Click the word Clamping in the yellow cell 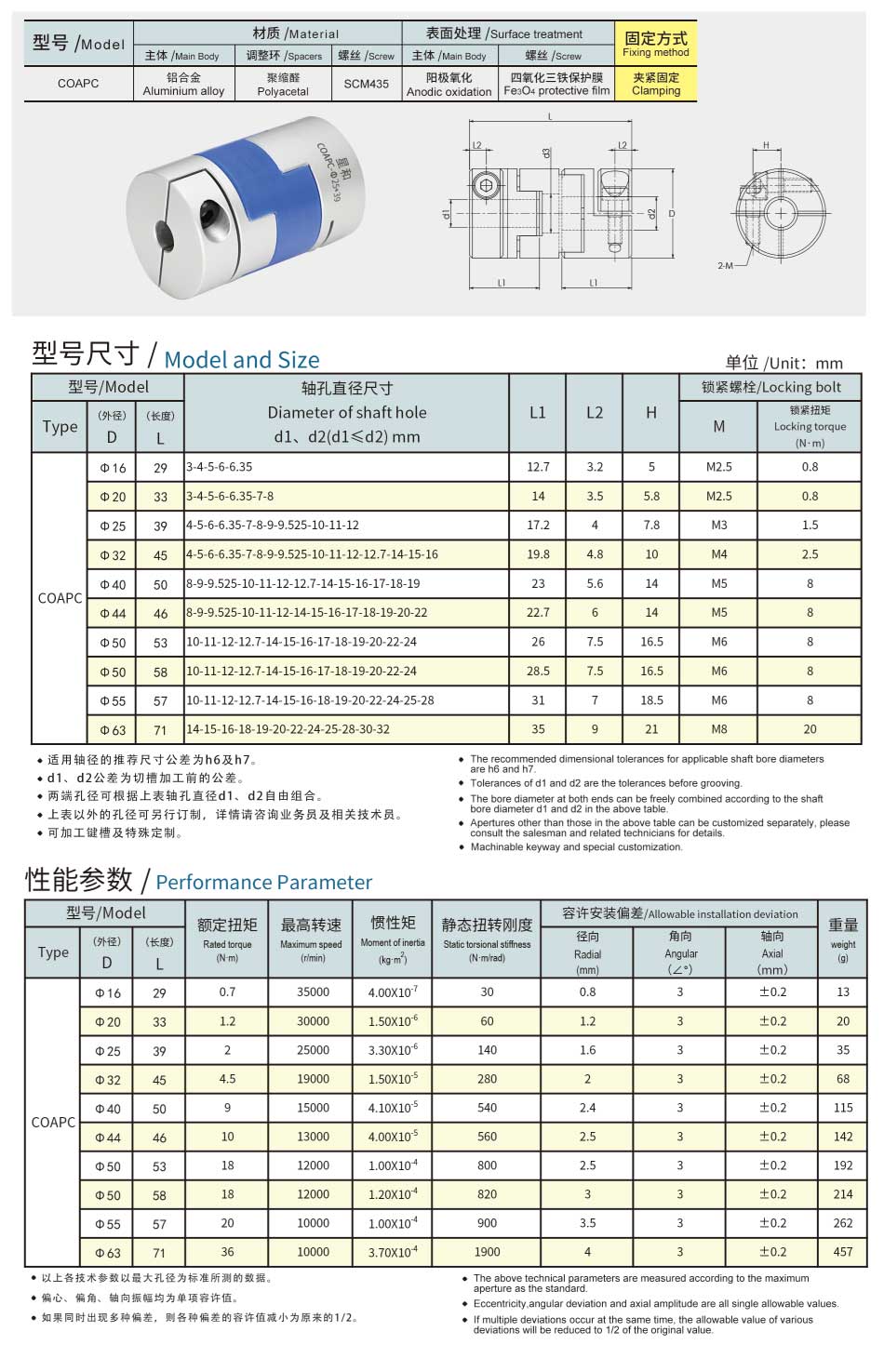tap(656, 91)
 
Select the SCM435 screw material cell tap(367, 84)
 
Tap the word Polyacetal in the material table tap(283, 92)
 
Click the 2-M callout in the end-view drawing tap(726, 266)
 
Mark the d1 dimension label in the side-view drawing tap(447, 215)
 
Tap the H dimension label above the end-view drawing tap(766, 145)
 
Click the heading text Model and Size tap(242, 360)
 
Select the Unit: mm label tap(784, 363)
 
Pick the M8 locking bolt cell tap(718, 729)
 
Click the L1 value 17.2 tap(538, 525)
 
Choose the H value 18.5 tap(651, 700)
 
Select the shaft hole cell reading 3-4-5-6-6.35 tap(220, 467)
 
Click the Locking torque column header tap(810, 427)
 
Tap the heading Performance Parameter tap(264, 882)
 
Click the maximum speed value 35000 tap(313, 992)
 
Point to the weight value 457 tap(843, 1252)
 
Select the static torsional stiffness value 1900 tap(487, 1252)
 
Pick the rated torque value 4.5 tap(227, 1079)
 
